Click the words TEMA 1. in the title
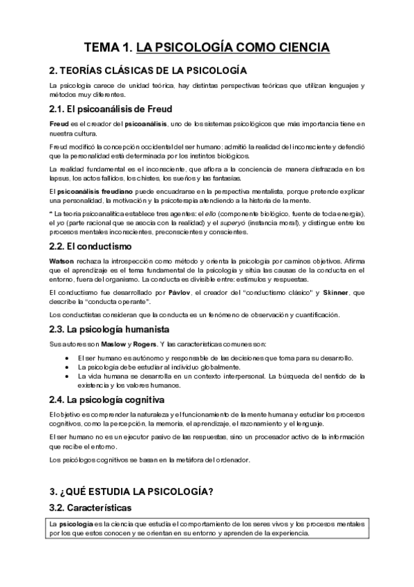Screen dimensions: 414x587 107,47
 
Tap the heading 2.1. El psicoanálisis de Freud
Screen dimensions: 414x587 111,109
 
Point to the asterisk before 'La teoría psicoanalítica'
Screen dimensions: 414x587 51,213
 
